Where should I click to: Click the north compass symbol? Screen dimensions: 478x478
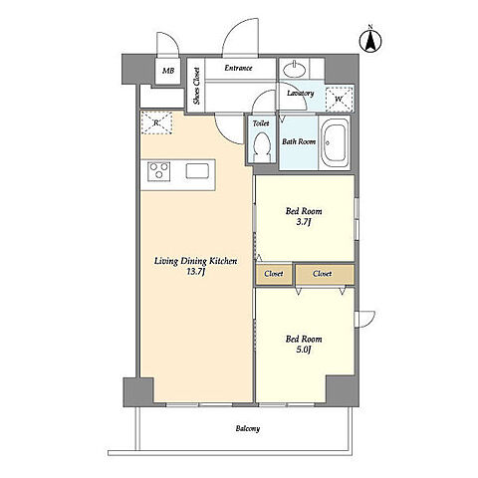(370, 40)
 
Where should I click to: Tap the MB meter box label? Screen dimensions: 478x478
(168, 71)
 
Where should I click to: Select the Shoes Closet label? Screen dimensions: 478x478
(196, 86)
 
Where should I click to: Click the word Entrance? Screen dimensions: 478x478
(238, 68)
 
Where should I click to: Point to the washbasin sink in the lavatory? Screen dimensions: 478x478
(295, 70)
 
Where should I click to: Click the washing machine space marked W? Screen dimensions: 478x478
(339, 99)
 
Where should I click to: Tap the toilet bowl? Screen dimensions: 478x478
(261, 146)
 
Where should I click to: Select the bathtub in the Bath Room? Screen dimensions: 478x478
(335, 143)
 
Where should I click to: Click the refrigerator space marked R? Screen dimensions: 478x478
(156, 122)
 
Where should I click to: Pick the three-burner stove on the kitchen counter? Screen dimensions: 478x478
(159, 171)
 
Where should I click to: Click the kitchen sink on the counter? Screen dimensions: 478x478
(197, 171)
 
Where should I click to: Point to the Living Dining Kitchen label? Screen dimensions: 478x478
(196, 261)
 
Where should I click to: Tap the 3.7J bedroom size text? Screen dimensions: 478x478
(304, 222)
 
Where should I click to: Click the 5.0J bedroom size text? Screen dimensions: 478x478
(304, 350)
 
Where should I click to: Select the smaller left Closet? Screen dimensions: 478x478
(274, 274)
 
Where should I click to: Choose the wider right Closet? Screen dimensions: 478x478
(325, 274)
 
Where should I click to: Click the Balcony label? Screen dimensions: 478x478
(248, 428)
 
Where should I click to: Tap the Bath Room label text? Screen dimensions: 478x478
(299, 141)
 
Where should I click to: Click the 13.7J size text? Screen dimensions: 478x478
(196, 272)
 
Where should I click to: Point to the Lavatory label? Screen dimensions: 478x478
(301, 94)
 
